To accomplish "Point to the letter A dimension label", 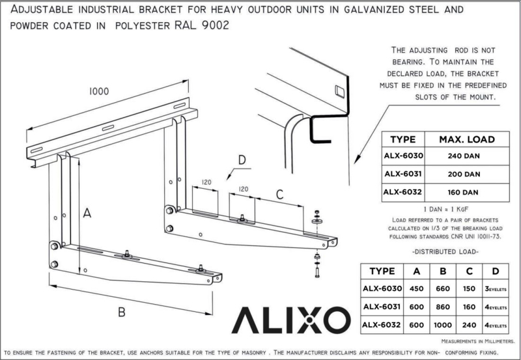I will pos(86,213).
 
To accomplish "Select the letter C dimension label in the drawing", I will pos(279,193).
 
